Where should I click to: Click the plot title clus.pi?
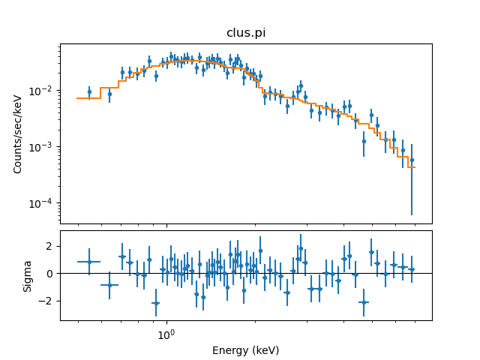(245, 33)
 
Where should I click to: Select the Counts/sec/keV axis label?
(18, 133)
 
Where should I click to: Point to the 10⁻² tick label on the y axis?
(43, 91)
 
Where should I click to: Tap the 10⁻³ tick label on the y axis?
(43, 147)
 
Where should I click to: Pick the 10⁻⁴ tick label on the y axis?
(43, 203)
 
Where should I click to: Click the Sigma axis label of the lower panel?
(27, 275)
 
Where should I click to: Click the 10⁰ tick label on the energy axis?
(166, 334)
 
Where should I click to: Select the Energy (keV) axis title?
(245, 350)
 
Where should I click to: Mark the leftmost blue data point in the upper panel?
(89, 92)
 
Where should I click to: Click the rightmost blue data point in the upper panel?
(412, 160)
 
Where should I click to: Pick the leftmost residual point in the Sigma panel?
(89, 262)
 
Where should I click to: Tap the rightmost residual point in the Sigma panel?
(412, 269)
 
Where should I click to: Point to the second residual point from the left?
(109, 285)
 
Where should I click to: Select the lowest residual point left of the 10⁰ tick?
(155, 303)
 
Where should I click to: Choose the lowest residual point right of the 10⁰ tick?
(364, 302)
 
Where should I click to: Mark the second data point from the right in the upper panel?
(403, 150)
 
